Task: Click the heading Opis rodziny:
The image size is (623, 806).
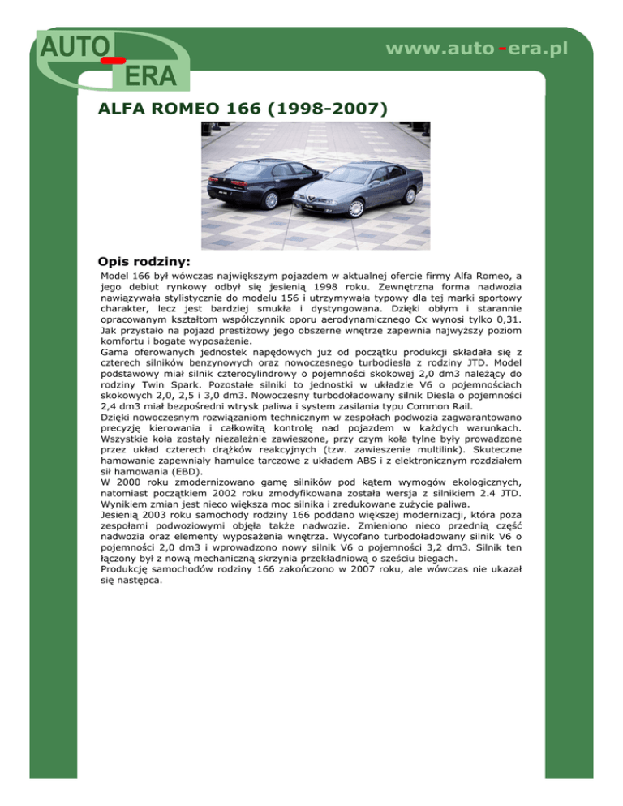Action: [x=144, y=262]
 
